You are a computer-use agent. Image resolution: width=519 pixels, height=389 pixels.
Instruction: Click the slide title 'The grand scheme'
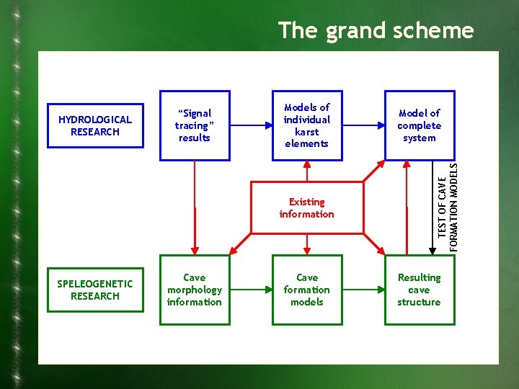tap(376, 31)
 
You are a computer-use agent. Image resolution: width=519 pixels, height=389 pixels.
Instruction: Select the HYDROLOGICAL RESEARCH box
tap(95, 126)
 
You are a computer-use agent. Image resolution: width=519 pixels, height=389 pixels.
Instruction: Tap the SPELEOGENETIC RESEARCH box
tap(95, 290)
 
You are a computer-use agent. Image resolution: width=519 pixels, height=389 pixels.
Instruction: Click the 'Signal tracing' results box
tap(194, 125)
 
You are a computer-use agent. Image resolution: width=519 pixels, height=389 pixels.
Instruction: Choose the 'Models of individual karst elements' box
tap(306, 125)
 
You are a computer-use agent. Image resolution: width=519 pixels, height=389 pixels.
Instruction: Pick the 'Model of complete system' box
tap(419, 125)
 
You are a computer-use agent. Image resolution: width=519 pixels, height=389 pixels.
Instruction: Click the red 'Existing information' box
tap(306, 208)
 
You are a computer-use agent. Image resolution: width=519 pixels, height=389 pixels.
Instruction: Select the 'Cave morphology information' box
tap(194, 290)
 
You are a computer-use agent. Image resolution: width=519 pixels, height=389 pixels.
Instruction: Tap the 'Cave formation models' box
tap(306, 290)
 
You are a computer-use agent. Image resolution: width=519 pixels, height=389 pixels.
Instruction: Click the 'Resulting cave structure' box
tap(419, 290)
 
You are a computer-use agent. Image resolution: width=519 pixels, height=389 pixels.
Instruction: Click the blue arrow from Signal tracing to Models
tap(250, 125)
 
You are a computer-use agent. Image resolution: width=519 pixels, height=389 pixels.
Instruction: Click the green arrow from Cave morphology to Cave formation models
tap(250, 290)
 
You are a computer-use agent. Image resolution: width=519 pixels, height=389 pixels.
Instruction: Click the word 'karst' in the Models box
tap(306, 132)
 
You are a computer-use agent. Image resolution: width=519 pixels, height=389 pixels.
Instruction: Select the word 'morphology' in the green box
tap(194, 290)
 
